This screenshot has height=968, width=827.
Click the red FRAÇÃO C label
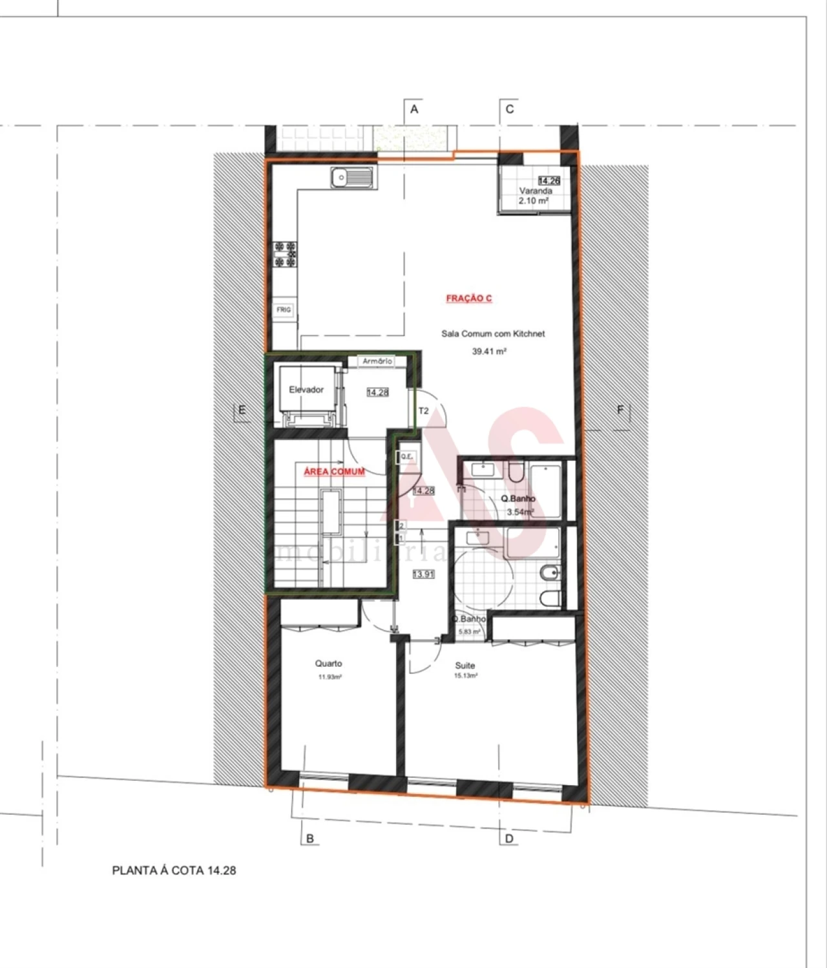pos(469,299)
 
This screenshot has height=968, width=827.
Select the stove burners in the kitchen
pos(285,254)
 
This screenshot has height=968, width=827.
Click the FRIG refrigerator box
pos(284,310)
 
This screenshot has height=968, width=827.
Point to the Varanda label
pos(536,191)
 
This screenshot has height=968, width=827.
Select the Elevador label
pos(306,390)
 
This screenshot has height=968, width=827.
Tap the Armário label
pos(377,361)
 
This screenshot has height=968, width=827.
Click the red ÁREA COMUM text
pos(334,472)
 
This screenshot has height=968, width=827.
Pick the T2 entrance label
pos(424,411)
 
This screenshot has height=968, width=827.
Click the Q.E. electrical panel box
pos(406,457)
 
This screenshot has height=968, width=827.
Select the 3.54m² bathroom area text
pos(520,512)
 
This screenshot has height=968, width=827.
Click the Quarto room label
pos(328,664)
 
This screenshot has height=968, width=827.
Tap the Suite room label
pos(465,666)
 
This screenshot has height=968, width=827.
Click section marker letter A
pos(414,109)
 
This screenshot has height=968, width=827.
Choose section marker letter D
pos(509,839)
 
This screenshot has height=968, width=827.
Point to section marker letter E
pos(242,410)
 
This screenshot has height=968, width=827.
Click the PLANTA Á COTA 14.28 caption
pos(174,870)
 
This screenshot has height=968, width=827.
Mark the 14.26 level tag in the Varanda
pos(549,182)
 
